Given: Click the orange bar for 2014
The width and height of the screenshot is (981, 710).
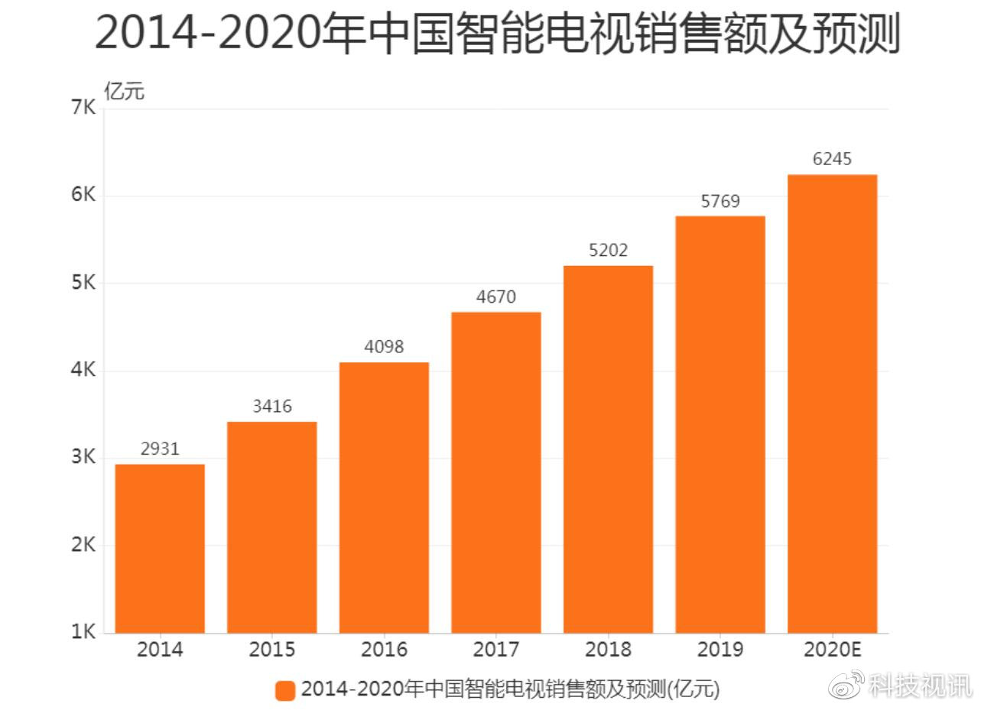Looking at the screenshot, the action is tap(160, 549).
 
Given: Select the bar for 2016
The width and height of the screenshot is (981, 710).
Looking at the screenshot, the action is tap(384, 498).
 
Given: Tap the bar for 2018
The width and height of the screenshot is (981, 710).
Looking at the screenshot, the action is tap(609, 449).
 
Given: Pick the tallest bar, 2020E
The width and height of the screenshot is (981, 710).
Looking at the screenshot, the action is tap(833, 404).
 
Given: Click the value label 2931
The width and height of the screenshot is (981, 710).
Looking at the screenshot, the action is tap(160, 449).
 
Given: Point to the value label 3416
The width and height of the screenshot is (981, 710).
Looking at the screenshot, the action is tap(272, 407).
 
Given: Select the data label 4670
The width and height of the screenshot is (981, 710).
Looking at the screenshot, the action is tap(496, 297).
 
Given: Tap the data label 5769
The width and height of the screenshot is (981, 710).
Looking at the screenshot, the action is tap(720, 201).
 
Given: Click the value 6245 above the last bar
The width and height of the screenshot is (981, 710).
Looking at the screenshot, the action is tap(832, 159).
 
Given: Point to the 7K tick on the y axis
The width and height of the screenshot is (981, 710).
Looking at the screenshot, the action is tap(83, 107).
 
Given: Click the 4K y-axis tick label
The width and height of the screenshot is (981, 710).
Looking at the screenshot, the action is tap(83, 370).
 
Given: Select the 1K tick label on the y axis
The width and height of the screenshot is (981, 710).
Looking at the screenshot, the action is tap(83, 631).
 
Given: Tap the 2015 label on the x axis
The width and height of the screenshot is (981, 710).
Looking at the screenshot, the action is tap(272, 650).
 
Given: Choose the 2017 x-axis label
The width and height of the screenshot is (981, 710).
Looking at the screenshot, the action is tap(496, 650).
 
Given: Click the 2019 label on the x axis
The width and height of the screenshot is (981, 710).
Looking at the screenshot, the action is tap(720, 650).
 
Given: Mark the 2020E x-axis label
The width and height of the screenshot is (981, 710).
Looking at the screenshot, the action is tap(833, 650).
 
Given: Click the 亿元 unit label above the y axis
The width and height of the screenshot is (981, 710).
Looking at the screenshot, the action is tap(124, 91).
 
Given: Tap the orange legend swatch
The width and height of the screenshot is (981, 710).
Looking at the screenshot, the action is tap(285, 690).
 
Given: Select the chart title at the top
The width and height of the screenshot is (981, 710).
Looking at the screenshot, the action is tap(498, 34).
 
